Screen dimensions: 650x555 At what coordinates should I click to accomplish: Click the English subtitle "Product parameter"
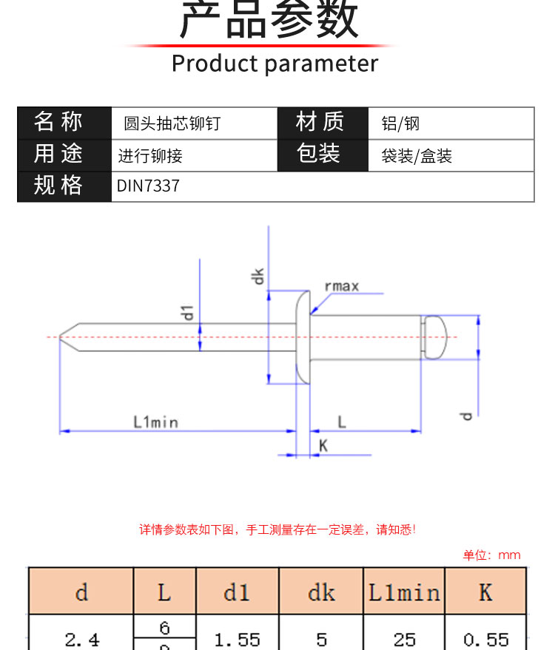click(x=275, y=64)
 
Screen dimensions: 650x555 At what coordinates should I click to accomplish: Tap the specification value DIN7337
click(x=148, y=186)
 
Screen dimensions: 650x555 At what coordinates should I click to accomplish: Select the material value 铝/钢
click(x=400, y=123)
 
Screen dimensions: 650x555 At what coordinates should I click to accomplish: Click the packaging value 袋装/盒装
click(x=417, y=156)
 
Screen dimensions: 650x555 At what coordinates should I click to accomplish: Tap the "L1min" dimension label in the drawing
click(x=155, y=422)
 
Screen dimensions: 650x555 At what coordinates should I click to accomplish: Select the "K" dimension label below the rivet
click(x=323, y=445)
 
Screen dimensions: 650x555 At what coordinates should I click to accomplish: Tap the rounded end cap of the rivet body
click(x=437, y=336)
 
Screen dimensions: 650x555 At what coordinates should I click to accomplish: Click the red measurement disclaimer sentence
click(x=277, y=529)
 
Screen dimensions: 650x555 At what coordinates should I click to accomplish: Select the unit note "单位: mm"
click(x=491, y=555)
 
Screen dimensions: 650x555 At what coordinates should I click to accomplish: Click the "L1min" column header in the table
click(x=404, y=592)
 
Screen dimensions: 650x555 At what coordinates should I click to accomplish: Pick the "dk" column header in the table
click(x=321, y=592)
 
